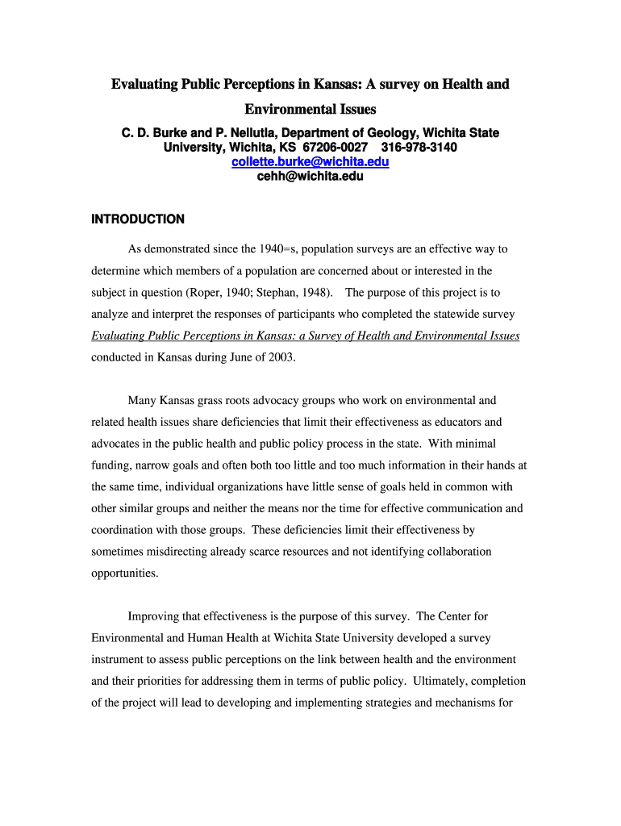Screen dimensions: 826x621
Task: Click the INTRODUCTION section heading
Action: [x=138, y=219]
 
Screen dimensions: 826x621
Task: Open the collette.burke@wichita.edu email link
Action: [x=310, y=162]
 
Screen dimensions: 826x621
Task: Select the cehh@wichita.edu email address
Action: [x=310, y=176]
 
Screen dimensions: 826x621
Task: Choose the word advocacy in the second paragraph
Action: [x=270, y=400]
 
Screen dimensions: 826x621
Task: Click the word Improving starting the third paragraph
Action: [x=155, y=616]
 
